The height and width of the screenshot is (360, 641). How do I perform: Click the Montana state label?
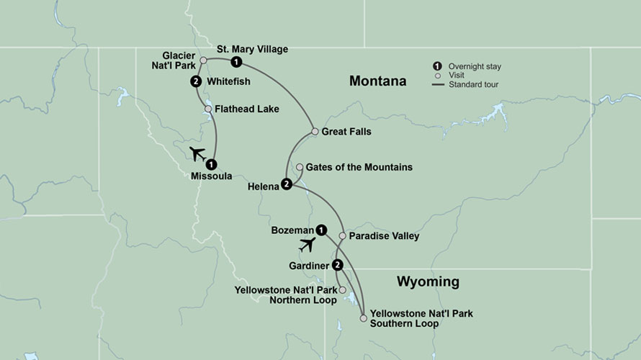pyautogui.click(x=377, y=81)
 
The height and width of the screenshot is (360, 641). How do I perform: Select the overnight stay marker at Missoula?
pyautogui.click(x=211, y=163)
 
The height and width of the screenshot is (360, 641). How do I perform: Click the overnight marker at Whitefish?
pyautogui.click(x=196, y=82)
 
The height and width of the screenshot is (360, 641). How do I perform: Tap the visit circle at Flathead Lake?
pyautogui.click(x=207, y=109)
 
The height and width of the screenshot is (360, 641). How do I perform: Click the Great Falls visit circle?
pyautogui.click(x=315, y=132)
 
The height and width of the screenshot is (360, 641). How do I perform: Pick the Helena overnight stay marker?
pyautogui.click(x=286, y=184)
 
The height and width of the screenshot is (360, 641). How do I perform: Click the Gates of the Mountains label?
pyautogui.click(x=359, y=167)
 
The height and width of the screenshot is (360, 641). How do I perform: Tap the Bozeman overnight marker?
pyautogui.click(x=321, y=230)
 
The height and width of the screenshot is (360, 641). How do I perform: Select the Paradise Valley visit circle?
pyautogui.click(x=343, y=235)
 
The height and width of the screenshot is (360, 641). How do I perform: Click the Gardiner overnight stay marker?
pyautogui.click(x=338, y=265)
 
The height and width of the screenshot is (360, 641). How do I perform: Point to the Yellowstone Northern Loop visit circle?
pyautogui.click(x=343, y=290)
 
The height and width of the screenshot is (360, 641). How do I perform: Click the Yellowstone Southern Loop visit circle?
pyautogui.click(x=364, y=315)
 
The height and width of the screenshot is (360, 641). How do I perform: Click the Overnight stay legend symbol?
pyautogui.click(x=436, y=66)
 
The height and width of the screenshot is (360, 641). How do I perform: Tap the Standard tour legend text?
pyautogui.click(x=474, y=84)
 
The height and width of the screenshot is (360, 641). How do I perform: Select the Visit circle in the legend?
pyautogui.click(x=436, y=75)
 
